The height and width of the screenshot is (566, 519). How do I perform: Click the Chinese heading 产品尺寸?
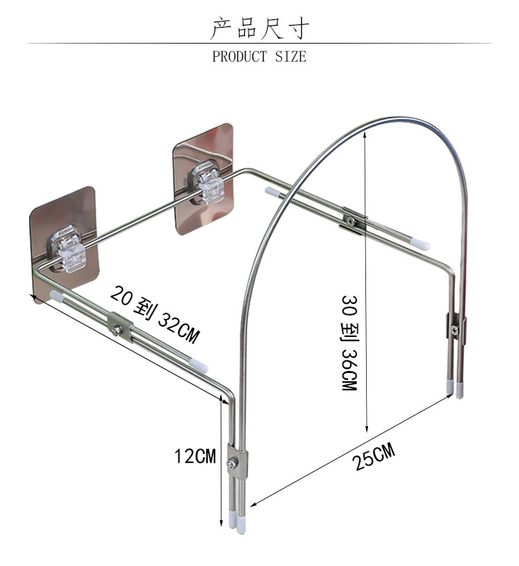[259, 28]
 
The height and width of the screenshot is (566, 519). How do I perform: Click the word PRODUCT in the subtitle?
[239, 57]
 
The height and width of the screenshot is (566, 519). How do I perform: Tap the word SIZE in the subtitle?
[291, 57]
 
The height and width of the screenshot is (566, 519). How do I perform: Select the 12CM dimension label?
[195, 456]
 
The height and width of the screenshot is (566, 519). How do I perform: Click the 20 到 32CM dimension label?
[155, 313]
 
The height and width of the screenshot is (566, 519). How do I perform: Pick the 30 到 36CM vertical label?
[349, 343]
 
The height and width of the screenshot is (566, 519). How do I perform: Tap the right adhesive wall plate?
[203, 179]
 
